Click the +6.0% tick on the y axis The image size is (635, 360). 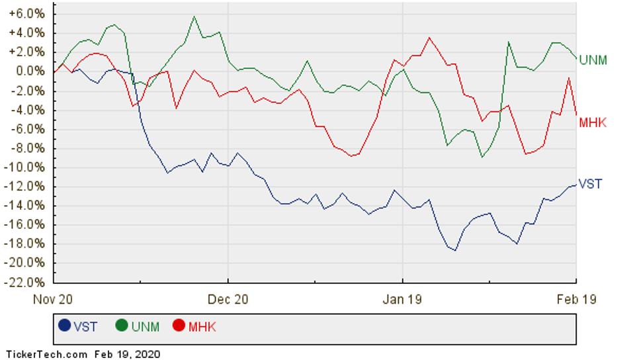click(27, 13)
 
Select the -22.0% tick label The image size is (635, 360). click(25, 283)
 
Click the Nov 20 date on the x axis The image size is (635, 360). click(54, 299)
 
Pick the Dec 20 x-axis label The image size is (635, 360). click(228, 299)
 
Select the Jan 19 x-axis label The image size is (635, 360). click(402, 299)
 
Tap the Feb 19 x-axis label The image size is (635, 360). click(576, 299)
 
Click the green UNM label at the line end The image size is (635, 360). click(593, 60)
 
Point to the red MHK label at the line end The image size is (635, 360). click(593, 122)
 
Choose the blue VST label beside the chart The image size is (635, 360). click(590, 184)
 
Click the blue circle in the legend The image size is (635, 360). click(65, 326)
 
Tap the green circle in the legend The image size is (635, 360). click(122, 326)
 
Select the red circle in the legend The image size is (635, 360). click(179, 326)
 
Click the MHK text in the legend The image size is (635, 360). click(202, 326)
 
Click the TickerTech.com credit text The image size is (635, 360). click(46, 354)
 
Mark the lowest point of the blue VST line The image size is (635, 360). click(454, 250)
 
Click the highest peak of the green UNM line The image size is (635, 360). click(194, 17)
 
